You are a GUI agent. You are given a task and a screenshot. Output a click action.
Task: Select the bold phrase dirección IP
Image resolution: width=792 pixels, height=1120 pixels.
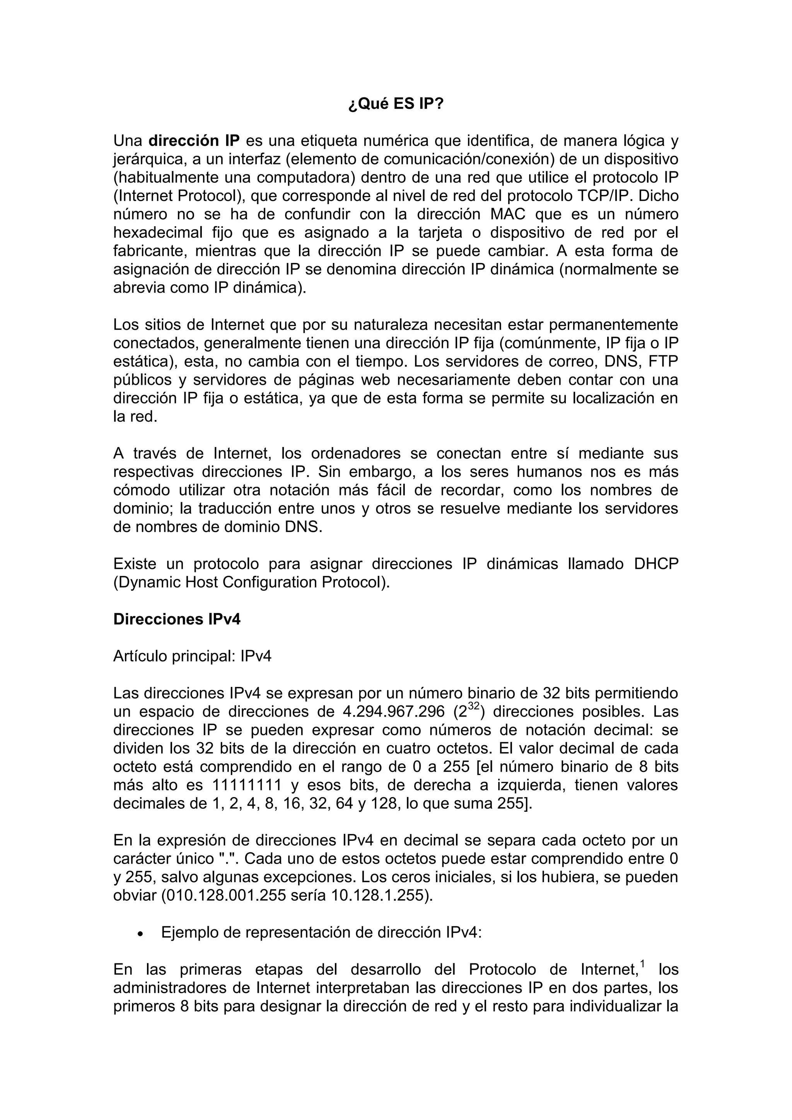click(x=194, y=141)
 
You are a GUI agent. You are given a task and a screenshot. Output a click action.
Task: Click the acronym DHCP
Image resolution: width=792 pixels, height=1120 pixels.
click(x=656, y=564)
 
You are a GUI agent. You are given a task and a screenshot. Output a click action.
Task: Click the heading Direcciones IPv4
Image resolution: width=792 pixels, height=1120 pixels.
click(x=177, y=620)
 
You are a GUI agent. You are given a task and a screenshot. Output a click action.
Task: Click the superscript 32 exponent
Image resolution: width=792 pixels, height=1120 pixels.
click(x=473, y=706)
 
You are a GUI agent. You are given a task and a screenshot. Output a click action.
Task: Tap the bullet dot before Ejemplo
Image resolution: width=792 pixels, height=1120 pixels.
click(x=140, y=934)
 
